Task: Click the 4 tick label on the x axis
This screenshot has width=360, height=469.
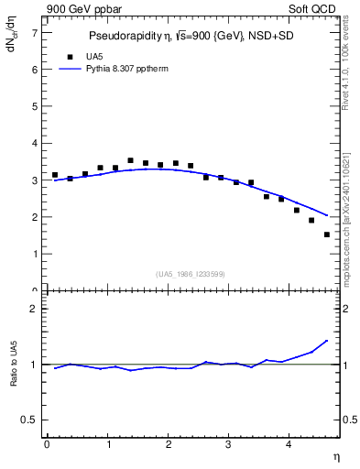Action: (289, 445)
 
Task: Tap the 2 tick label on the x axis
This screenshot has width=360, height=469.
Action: (168, 445)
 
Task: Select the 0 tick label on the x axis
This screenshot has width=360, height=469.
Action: (47, 445)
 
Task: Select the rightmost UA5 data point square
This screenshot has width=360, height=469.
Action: (327, 234)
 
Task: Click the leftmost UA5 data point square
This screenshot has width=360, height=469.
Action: (55, 175)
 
